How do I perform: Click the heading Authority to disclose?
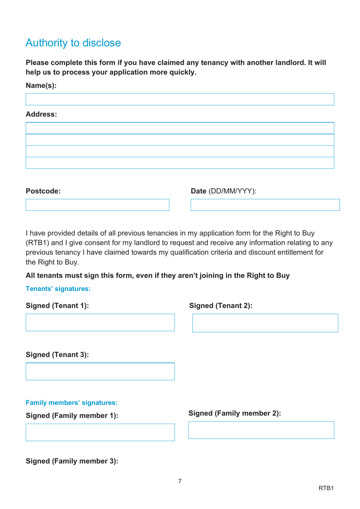point(73,43)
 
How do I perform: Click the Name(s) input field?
point(180,99)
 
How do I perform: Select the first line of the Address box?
point(180,128)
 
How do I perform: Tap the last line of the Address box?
point(180,163)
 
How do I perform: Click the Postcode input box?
point(97,205)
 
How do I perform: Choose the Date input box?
point(265,205)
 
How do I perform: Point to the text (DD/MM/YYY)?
point(232,191)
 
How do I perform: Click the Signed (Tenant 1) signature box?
point(100,322)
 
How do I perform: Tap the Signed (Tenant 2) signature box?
point(265,323)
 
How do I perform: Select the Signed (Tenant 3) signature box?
point(100,371)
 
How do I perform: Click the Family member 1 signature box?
point(100,432)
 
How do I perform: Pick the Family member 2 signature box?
point(261,430)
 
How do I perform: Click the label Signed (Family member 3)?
point(72,461)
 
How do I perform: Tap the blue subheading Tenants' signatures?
point(58,289)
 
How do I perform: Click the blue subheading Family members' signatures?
point(72,403)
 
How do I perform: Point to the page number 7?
point(180,481)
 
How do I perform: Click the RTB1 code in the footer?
point(326,488)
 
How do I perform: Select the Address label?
point(41,115)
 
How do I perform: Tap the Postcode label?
point(43,191)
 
